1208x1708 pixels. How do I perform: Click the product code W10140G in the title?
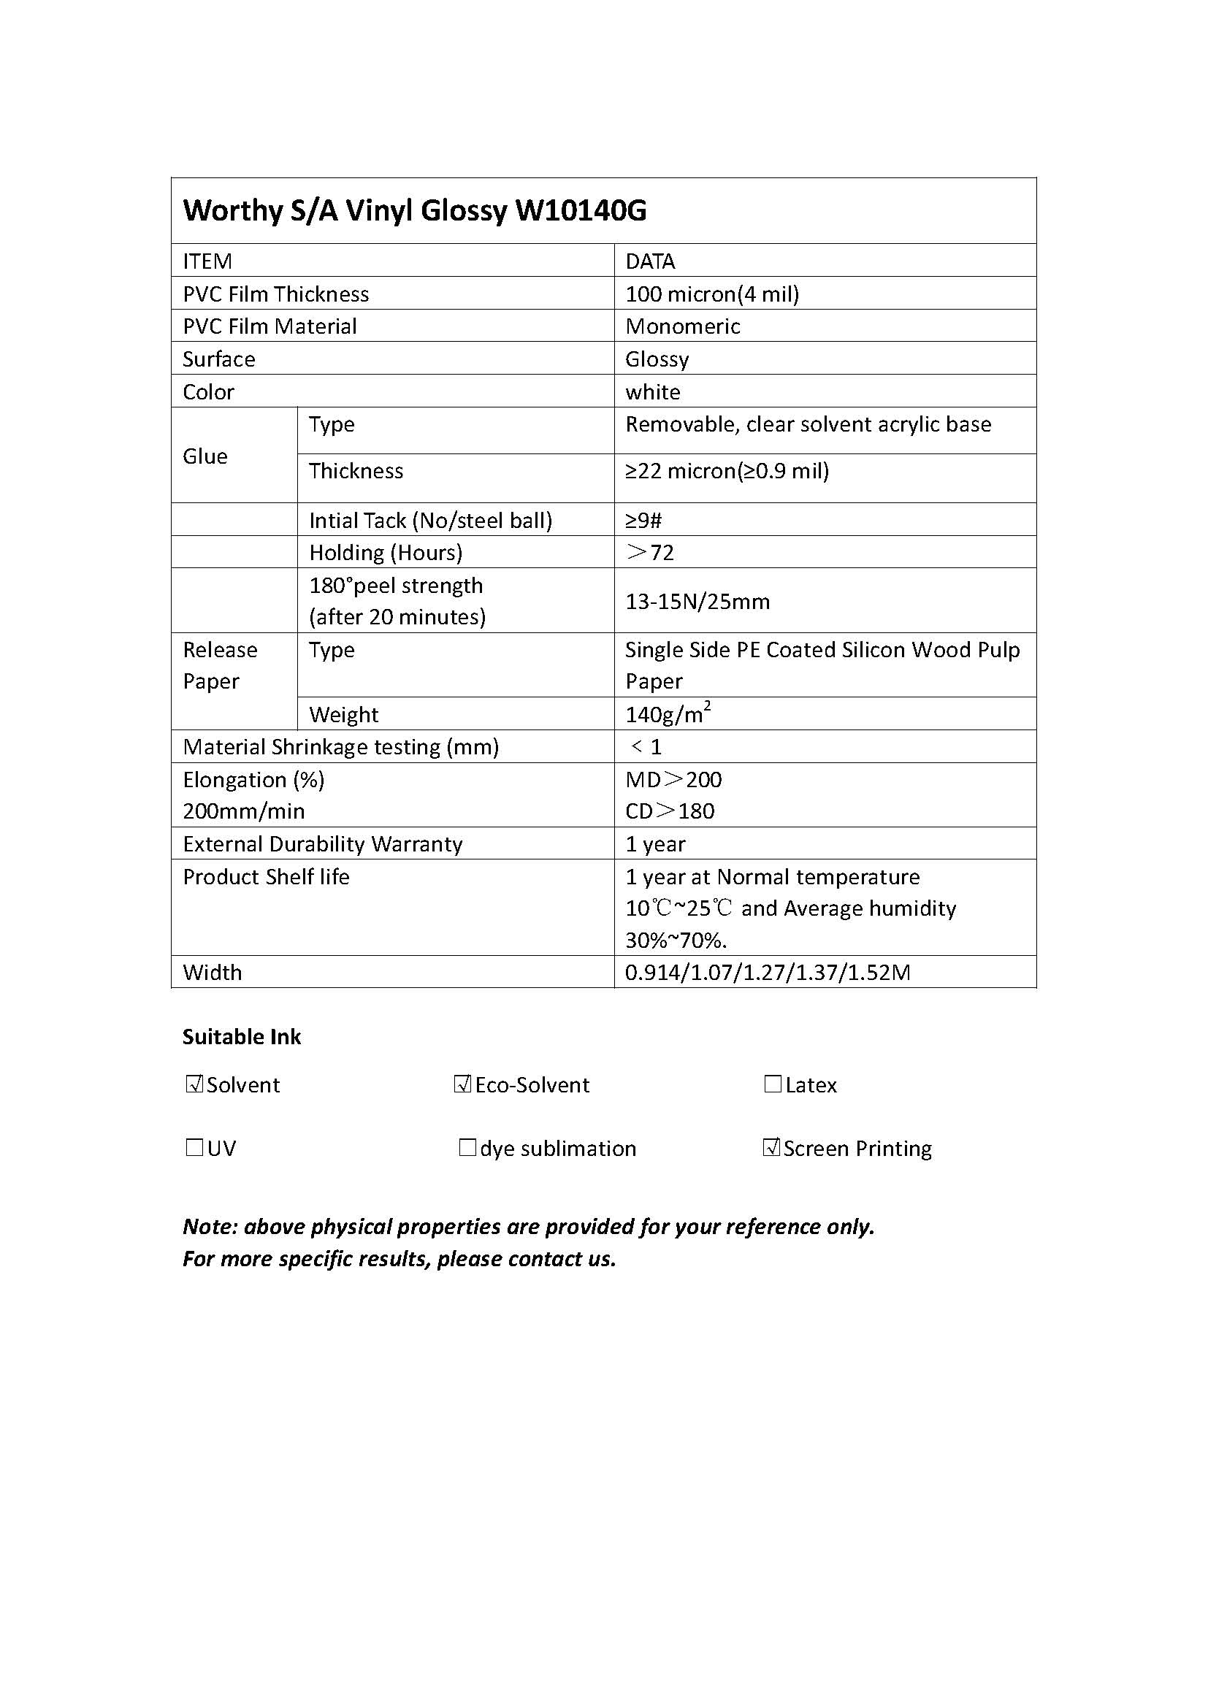(x=580, y=211)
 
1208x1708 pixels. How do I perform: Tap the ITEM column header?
(x=207, y=261)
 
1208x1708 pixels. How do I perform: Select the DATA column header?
(x=649, y=261)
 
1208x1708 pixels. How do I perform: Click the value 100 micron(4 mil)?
(x=712, y=294)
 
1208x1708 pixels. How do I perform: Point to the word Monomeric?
(x=682, y=326)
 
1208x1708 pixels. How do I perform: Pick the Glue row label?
(x=205, y=456)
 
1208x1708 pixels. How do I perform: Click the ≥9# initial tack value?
(x=643, y=520)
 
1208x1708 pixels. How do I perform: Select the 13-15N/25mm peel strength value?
(x=697, y=601)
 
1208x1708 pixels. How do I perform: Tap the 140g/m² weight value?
(x=668, y=714)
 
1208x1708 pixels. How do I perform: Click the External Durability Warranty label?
(x=322, y=843)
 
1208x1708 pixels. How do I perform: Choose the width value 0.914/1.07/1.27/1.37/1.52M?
(x=767, y=972)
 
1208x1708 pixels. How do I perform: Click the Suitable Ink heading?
(x=242, y=1037)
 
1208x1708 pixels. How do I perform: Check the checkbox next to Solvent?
(x=194, y=1084)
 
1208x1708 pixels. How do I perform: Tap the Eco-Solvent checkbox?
(x=462, y=1084)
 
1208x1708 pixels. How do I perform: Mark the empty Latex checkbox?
(x=773, y=1084)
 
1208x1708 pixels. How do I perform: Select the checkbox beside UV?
(x=194, y=1148)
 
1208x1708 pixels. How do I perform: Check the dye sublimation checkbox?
(x=467, y=1148)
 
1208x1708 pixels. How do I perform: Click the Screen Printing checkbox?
(x=771, y=1148)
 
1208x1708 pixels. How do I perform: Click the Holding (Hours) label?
(x=386, y=553)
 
